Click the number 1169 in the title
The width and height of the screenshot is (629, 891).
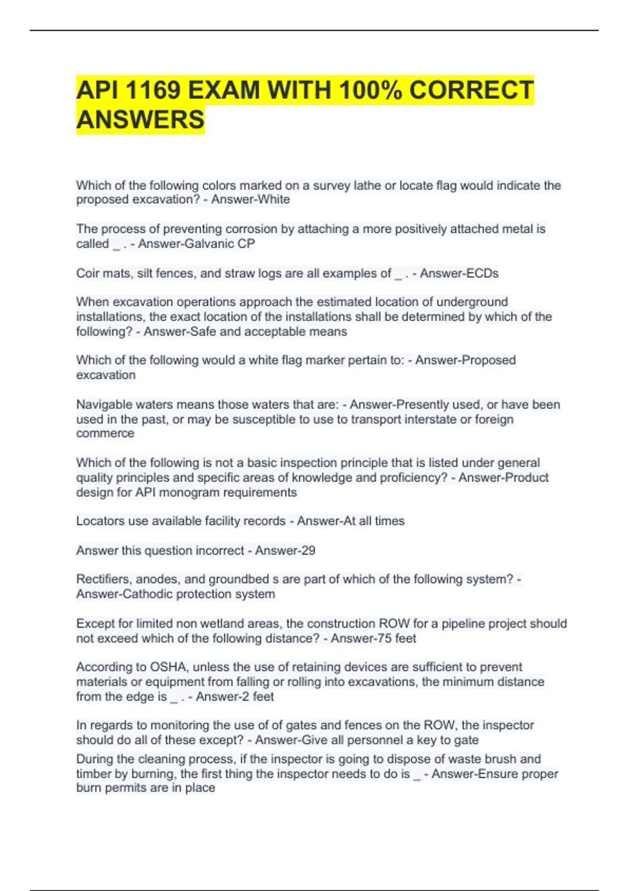click(x=152, y=90)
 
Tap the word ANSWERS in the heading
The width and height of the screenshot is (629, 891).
click(x=140, y=119)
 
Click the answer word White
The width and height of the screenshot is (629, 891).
click(x=274, y=200)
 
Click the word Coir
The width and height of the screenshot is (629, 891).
click(x=88, y=274)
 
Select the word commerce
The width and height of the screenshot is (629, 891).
click(x=105, y=433)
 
